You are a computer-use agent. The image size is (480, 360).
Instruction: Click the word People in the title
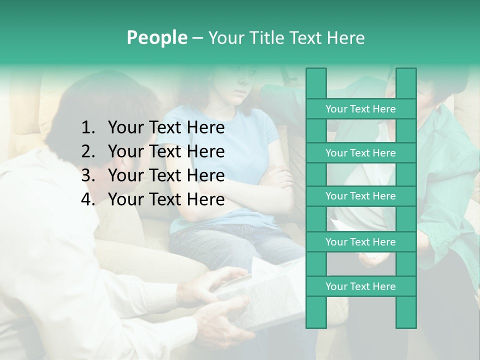pos(157,37)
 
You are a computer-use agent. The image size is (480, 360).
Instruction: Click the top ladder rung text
pos(360,109)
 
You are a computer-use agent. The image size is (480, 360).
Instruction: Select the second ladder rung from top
pos(360,153)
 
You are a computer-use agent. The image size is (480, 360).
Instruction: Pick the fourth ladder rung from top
pos(360,242)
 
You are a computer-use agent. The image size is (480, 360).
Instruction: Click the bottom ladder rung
pos(360,286)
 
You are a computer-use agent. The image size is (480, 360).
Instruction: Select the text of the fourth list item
pos(166,199)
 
